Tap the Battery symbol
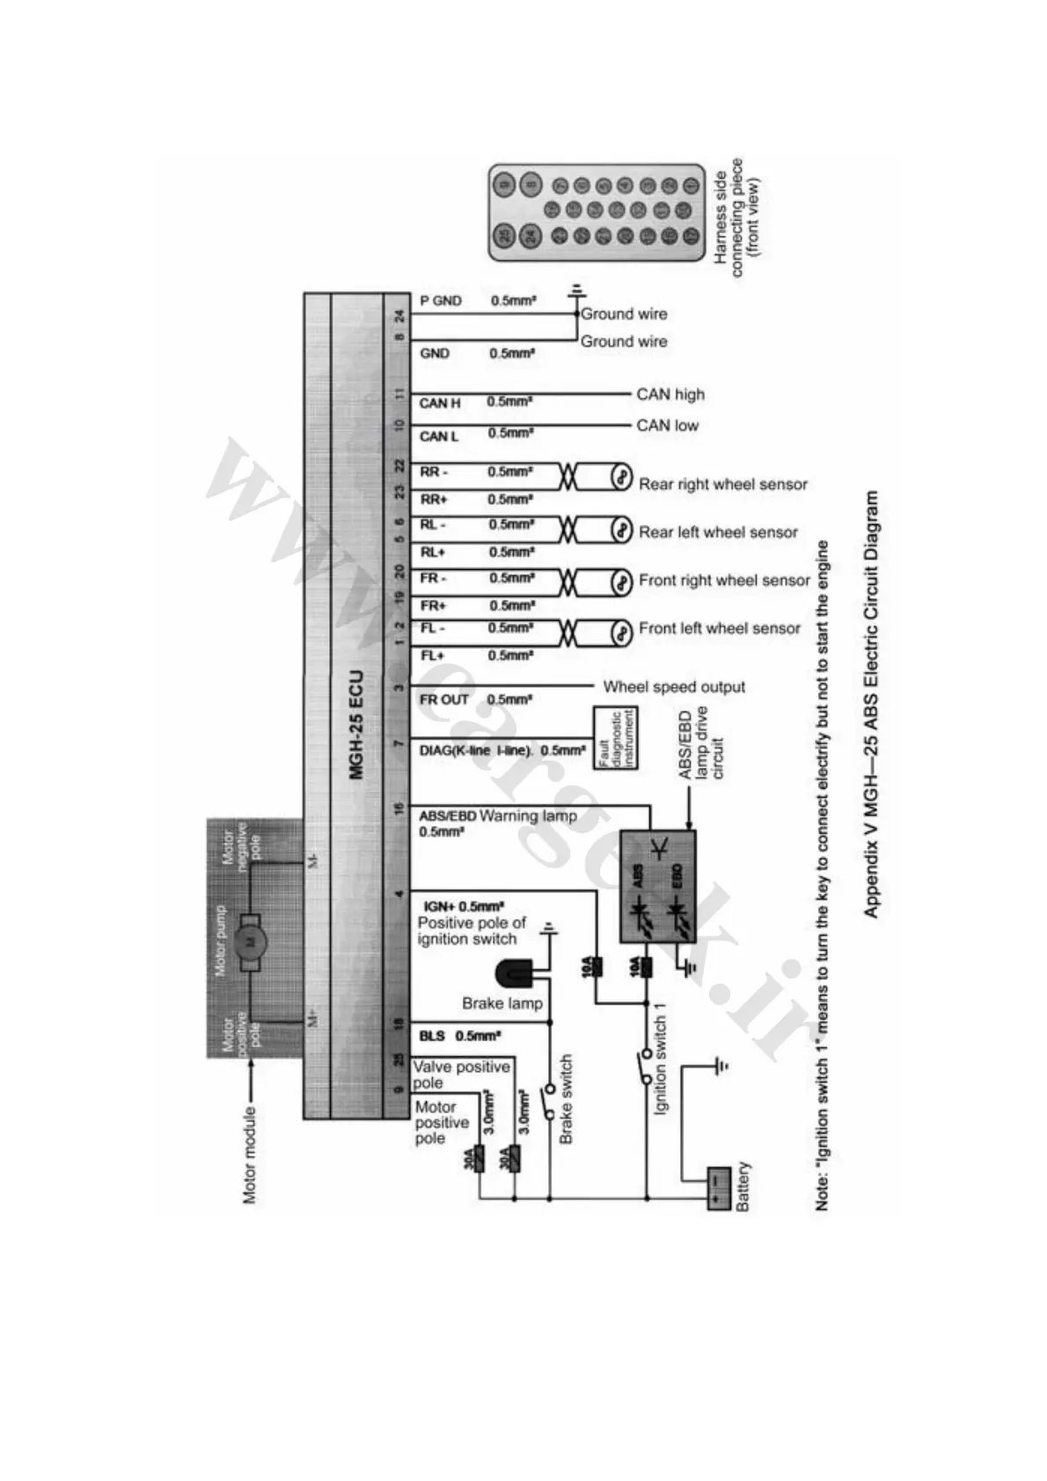point(719,1189)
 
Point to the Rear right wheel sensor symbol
point(622,478)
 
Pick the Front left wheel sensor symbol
point(622,632)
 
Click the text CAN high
point(670,395)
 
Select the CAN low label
point(667,426)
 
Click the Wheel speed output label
point(673,687)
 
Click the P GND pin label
point(441,301)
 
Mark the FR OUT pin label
point(444,700)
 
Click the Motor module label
point(249,1154)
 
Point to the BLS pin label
point(432,1036)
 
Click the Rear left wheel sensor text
point(718,532)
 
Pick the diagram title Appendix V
point(871,704)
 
